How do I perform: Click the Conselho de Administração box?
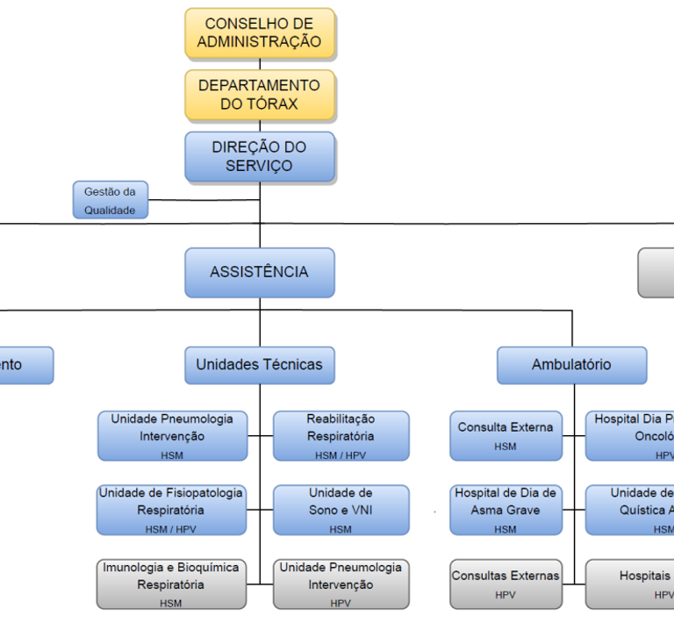[x=260, y=33]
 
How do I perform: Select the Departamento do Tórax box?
[x=260, y=95]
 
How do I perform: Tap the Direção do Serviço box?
[x=260, y=157]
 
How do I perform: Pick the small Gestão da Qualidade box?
[x=110, y=200]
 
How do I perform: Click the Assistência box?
[x=260, y=272]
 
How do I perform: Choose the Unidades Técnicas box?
[x=260, y=365]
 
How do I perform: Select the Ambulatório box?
[x=571, y=365]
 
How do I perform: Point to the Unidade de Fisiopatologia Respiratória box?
[x=171, y=510]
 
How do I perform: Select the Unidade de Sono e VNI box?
[x=341, y=510]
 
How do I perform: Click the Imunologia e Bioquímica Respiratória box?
[x=171, y=584]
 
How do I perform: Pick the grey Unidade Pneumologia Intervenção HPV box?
[x=341, y=584]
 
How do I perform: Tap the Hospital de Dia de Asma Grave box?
[x=505, y=510]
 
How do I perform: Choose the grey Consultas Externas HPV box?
[x=505, y=584]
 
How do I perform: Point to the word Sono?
[x=323, y=510]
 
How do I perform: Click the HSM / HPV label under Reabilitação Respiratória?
[x=341, y=455]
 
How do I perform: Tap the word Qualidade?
[x=110, y=211]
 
